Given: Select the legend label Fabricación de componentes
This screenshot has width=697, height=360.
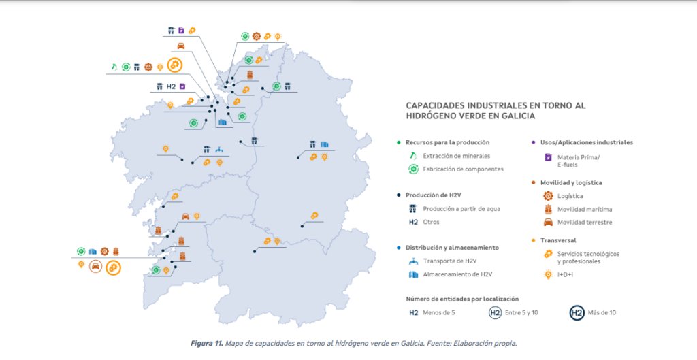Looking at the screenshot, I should (x=463, y=169).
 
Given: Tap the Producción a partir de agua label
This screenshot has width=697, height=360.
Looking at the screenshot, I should (x=461, y=209).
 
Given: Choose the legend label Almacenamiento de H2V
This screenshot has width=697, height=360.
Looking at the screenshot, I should (x=457, y=274).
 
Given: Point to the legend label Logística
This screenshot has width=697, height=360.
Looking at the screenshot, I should (x=570, y=196).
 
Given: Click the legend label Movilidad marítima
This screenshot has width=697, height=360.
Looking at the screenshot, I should (x=584, y=209).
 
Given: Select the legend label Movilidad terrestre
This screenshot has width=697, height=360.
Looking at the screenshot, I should (x=584, y=222).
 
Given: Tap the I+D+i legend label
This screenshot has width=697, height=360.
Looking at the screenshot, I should (x=567, y=274).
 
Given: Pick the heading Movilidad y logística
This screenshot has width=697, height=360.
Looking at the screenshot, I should (x=571, y=182).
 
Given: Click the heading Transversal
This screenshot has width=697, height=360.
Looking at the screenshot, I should (x=558, y=240).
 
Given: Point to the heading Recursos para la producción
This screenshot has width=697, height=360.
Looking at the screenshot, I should (x=447, y=142).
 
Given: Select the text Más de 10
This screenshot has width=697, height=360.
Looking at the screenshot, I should (x=602, y=313).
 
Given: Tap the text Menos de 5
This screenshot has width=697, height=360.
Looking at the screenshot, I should (x=440, y=313).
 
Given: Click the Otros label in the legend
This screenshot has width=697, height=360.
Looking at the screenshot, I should (x=431, y=222).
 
